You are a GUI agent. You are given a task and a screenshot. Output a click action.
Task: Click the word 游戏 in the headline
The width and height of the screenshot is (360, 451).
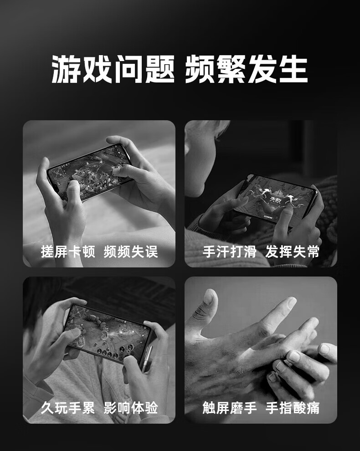click(x=82, y=69)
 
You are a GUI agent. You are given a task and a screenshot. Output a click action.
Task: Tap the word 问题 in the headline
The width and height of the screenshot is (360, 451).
click(x=144, y=69)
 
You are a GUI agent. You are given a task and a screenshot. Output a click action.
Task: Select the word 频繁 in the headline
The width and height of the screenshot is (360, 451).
click(x=215, y=69)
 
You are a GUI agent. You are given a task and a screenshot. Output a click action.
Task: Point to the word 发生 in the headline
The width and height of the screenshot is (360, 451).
click(x=278, y=69)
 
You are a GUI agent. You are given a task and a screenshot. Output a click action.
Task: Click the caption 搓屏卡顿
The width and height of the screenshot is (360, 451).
click(x=68, y=251)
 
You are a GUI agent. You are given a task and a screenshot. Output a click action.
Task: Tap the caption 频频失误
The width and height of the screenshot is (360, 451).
click(x=131, y=251)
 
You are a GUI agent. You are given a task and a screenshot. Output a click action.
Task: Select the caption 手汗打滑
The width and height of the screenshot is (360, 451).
click(x=230, y=251)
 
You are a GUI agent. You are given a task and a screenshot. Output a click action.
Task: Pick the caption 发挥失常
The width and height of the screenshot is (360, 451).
click(x=293, y=251)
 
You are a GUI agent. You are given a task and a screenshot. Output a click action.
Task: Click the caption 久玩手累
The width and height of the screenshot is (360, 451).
click(x=68, y=408)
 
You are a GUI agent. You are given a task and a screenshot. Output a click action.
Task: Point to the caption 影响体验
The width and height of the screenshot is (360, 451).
click(x=131, y=408)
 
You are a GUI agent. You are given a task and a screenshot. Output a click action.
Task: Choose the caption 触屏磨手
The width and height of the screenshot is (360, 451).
click(x=230, y=408)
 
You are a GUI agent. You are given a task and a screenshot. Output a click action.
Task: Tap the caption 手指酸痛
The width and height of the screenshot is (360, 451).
click(x=293, y=408)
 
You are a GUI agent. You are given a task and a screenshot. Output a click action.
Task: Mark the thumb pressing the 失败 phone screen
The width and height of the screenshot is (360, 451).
click(x=283, y=216)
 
